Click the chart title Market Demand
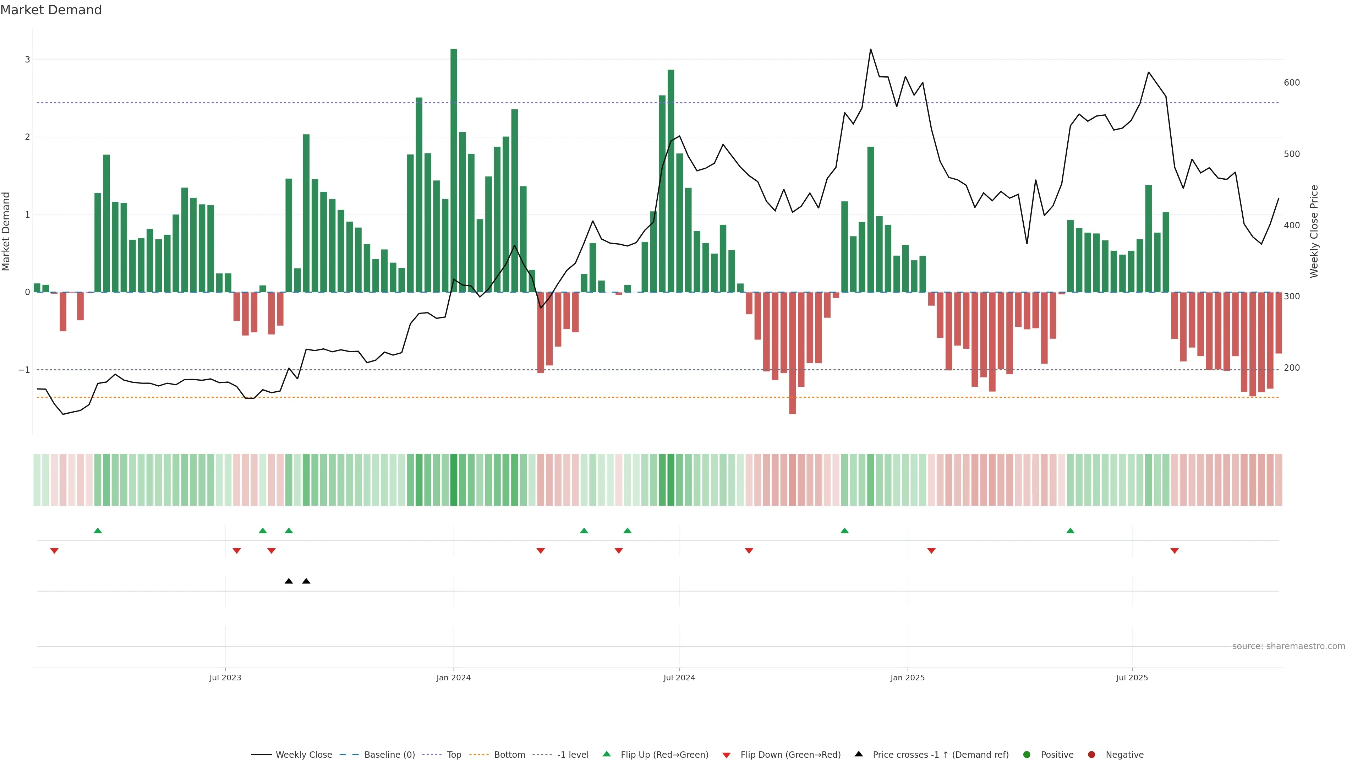pos(51,10)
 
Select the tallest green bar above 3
pos(454,169)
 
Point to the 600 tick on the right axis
pos(1292,83)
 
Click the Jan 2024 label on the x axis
pos(454,678)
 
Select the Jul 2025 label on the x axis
pos(1132,678)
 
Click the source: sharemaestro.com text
pos(1288,646)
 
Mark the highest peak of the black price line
pos(870,49)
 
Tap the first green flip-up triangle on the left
pos(97,531)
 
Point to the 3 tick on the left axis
pos(28,60)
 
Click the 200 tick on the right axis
pos(1292,368)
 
